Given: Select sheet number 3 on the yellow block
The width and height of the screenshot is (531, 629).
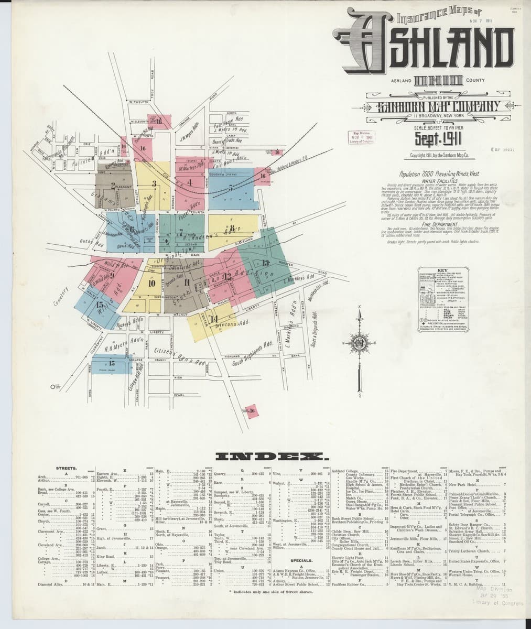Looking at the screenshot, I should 154,183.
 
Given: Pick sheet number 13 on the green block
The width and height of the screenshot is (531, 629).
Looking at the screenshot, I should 265,263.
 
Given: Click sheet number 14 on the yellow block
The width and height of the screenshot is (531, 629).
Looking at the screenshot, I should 213,319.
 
